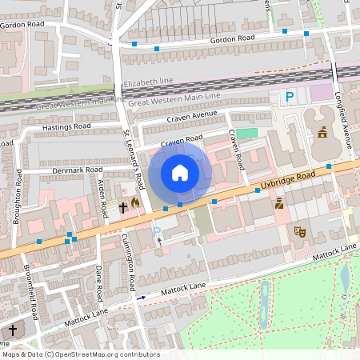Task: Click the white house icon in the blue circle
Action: click(x=180, y=173)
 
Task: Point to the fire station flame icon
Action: click(x=135, y=203)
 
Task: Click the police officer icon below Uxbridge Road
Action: click(x=279, y=204)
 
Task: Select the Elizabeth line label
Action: click(x=148, y=82)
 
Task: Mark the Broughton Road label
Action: click(x=17, y=192)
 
